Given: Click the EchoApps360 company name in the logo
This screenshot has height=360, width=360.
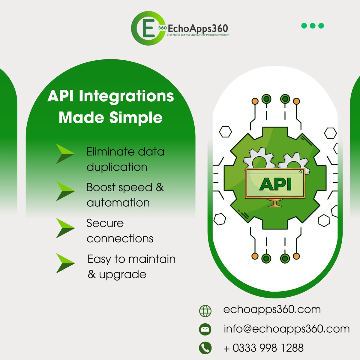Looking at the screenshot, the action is click(198, 29).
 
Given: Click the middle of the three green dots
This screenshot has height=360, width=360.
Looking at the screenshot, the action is click(313, 26).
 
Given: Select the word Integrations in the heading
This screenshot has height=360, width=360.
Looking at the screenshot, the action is click(126, 96).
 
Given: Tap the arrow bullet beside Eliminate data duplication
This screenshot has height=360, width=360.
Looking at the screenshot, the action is click(65, 154).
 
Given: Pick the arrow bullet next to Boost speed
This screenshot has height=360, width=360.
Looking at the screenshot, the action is click(65, 191).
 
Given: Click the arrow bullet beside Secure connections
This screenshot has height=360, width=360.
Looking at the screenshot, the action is click(65, 228).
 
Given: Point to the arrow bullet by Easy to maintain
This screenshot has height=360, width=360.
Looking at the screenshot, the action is click(65, 263).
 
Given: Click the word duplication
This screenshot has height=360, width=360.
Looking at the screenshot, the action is click(117, 167).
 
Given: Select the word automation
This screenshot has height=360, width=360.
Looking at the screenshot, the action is click(118, 203).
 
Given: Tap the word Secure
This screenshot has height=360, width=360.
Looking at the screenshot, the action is click(105, 223).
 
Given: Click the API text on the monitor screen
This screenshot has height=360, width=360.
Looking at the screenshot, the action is click(275, 184).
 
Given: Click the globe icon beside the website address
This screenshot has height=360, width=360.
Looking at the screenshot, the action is click(205, 311).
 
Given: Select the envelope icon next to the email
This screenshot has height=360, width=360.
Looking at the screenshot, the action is click(205, 329).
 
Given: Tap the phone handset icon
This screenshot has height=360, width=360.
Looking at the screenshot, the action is click(205, 348).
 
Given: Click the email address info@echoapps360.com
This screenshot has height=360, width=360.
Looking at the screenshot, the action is click(286, 329).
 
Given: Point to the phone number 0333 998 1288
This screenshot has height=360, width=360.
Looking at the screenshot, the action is click(268, 348).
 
